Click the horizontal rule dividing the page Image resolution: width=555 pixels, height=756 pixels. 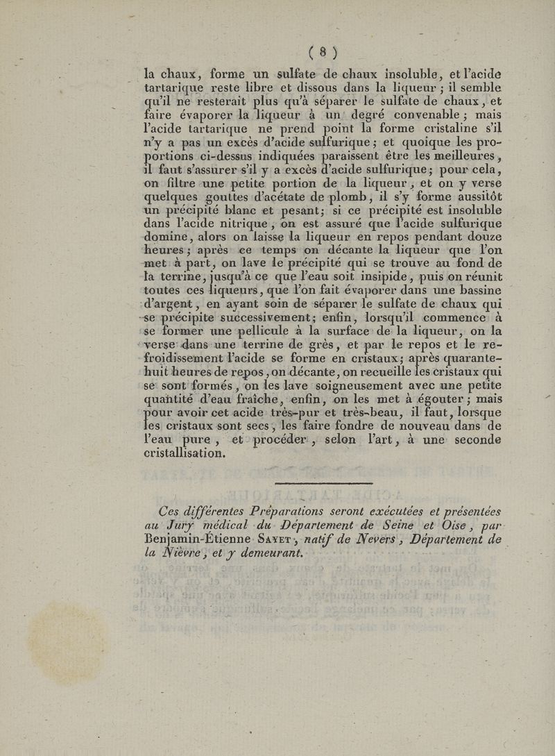(324, 484)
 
